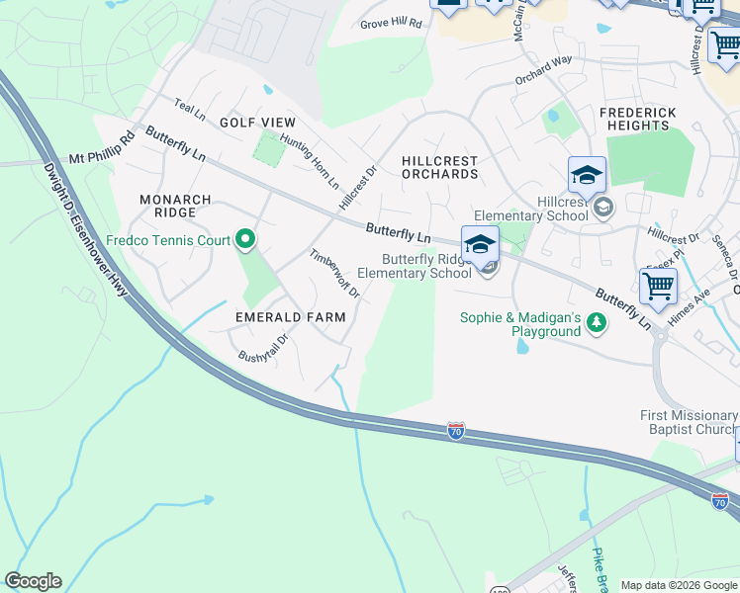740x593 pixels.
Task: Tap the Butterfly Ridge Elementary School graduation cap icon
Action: (x=480, y=244)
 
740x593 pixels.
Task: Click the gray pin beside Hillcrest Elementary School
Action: (x=602, y=209)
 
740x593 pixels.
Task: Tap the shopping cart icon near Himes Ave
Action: (x=658, y=286)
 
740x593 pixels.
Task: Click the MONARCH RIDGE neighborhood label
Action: (x=175, y=207)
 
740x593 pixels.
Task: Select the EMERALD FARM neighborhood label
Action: (x=290, y=317)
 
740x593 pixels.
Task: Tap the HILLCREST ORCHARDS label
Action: (x=439, y=167)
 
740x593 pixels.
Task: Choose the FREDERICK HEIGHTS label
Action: (x=638, y=120)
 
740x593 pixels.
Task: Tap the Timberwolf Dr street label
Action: (x=334, y=274)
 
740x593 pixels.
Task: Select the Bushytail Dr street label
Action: (x=263, y=348)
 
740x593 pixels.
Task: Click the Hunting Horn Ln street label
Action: (x=309, y=162)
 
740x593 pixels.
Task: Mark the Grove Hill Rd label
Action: (x=391, y=23)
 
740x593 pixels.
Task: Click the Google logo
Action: (x=33, y=581)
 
